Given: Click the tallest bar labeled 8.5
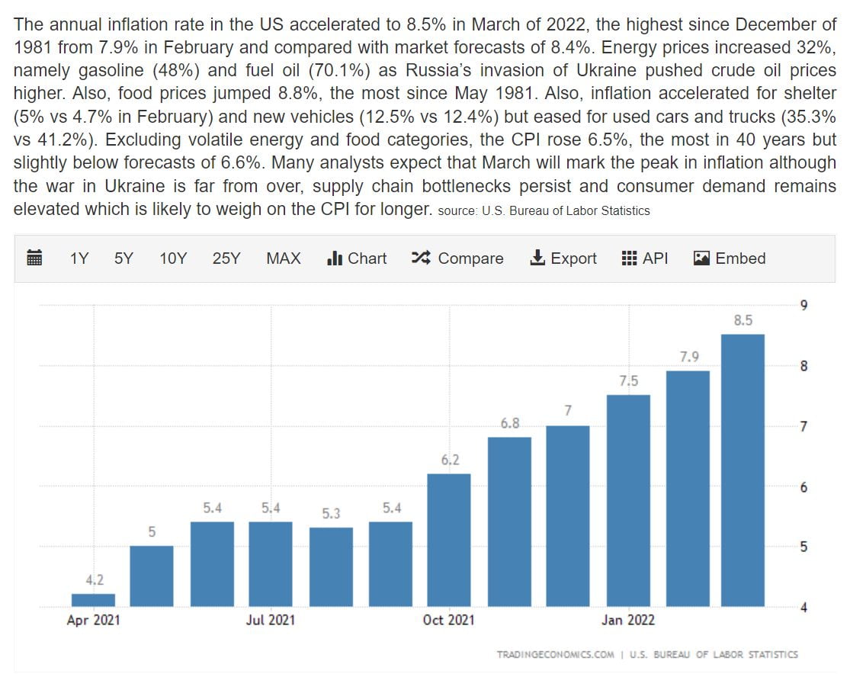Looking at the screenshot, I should pos(743,470).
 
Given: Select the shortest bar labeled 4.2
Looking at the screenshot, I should pos(93,600).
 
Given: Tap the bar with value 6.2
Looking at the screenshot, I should pos(448,540).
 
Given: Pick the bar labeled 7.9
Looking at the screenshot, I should pos(688,488).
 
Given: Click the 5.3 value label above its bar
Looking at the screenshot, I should pos(331,514).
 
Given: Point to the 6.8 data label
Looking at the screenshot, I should pos(509,423).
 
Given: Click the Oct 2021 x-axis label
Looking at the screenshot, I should pos(448,621).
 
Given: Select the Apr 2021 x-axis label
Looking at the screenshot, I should pos(93,621).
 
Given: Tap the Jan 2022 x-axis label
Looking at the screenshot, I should pos(627,621).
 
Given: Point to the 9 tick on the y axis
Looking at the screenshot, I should pos(803,306).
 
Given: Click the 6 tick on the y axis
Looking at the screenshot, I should pos(803,487).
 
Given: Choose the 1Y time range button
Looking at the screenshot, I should pos(79,258).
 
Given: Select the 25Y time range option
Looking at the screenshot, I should pos(226,258).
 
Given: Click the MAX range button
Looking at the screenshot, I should pos(283,258).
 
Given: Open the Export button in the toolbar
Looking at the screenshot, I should pos(563,258).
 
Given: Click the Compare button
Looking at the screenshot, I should pos(457,258).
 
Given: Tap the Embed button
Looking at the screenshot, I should pos(730,258).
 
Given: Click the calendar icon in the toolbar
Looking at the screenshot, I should pos(34,258).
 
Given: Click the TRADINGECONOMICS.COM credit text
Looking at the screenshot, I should pos(555,654).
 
